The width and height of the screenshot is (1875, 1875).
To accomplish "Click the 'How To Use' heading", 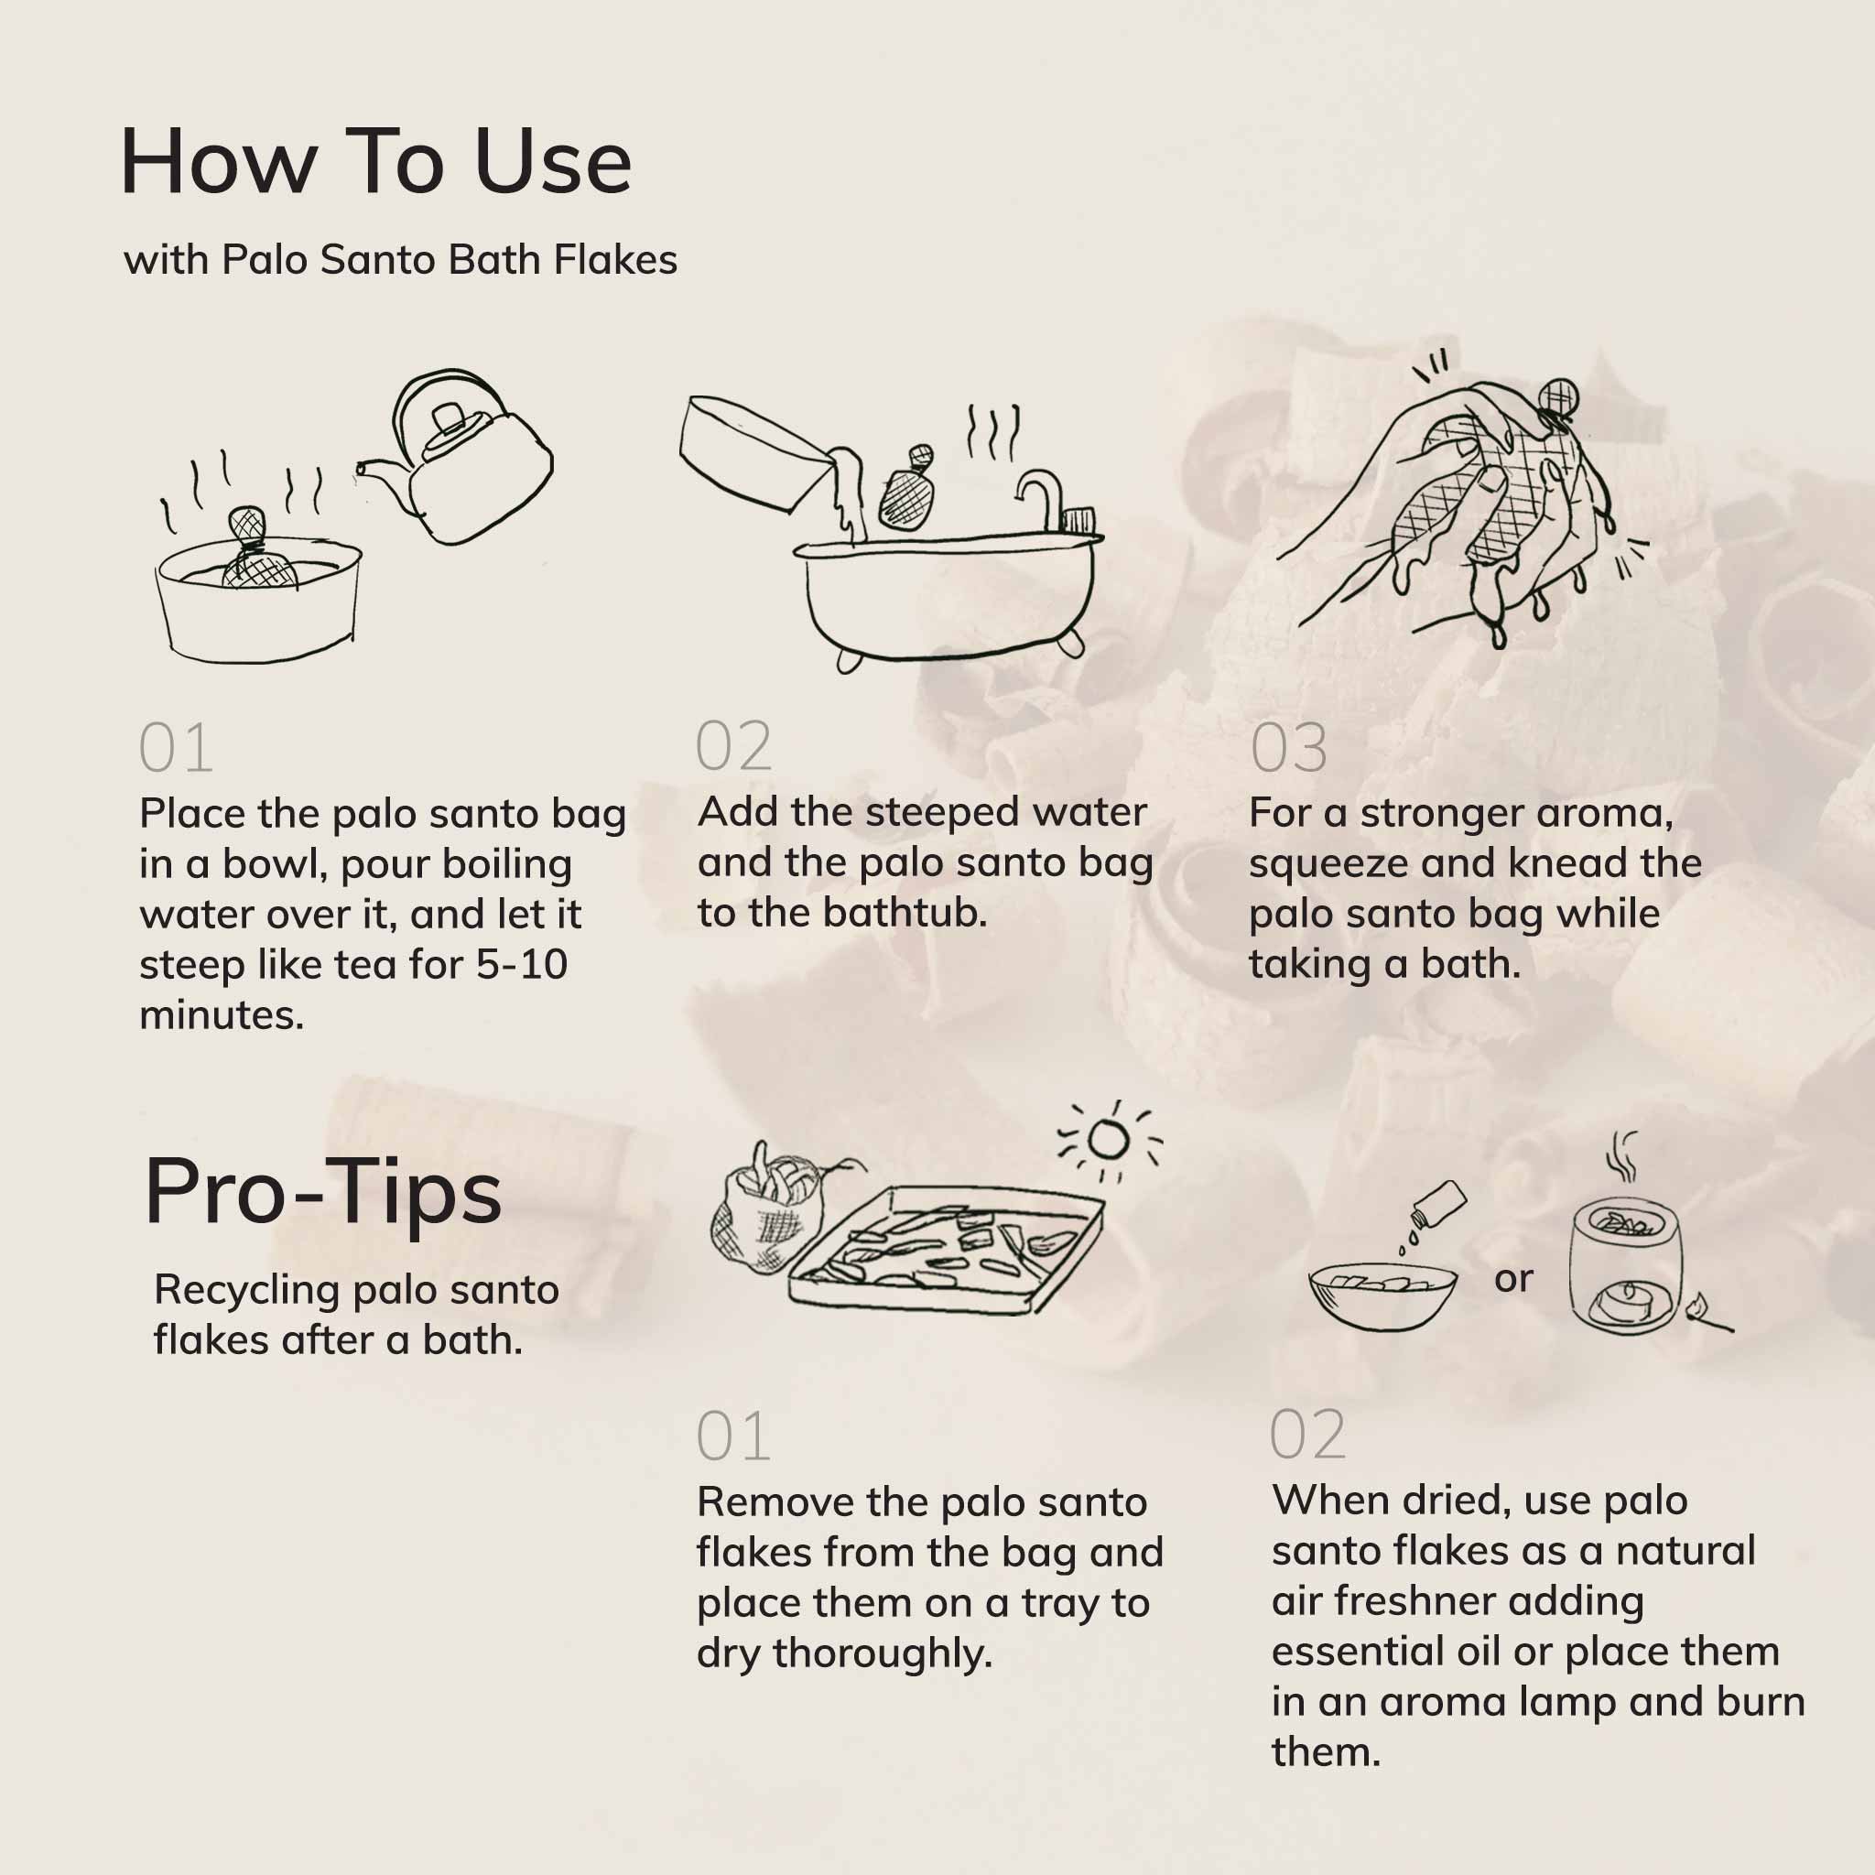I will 375,161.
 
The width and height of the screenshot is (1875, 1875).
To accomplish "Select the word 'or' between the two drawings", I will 1513,1279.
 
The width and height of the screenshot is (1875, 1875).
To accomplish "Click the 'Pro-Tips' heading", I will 323,1192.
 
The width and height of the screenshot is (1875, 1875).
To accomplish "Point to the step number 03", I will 1288,748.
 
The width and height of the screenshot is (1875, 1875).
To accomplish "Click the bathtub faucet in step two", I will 1045,495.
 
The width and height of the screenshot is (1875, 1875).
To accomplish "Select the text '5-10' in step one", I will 521,965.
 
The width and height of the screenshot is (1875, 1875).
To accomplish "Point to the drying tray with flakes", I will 947,1252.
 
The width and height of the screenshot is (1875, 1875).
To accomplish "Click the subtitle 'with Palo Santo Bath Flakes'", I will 400,260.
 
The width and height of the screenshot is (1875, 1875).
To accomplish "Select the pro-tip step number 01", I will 732,1436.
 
